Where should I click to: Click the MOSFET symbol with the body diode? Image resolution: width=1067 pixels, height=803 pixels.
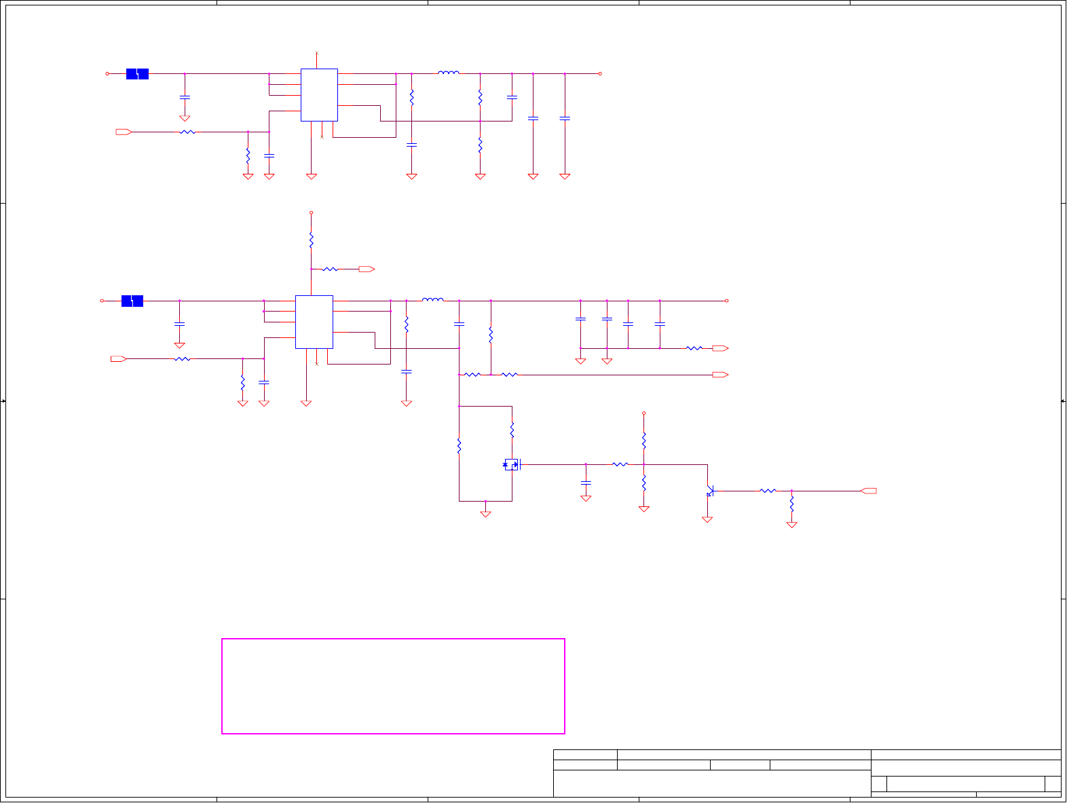tap(511, 465)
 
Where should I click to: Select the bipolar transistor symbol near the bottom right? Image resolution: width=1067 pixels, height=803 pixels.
tap(709, 491)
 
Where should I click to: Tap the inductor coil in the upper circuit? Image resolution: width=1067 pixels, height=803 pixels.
tap(448, 73)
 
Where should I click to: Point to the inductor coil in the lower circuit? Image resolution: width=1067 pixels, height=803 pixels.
tap(432, 299)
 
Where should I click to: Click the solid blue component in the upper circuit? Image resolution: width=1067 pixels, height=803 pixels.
tap(137, 74)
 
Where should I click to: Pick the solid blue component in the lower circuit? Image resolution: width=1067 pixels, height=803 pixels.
tap(132, 301)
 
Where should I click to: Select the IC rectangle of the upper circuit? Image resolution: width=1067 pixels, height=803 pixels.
tap(319, 95)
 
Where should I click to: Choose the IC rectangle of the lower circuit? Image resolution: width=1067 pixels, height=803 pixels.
tap(314, 322)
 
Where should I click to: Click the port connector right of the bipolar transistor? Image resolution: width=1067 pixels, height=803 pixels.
tap(868, 491)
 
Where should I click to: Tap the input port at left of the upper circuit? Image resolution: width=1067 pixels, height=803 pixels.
tap(124, 132)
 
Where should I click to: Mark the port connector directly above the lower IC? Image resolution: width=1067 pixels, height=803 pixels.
tap(367, 269)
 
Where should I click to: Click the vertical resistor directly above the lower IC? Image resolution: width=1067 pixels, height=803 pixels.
tap(311, 240)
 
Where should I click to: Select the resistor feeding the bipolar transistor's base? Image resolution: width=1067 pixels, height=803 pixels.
tap(768, 491)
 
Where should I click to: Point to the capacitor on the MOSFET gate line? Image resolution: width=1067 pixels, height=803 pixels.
tap(586, 483)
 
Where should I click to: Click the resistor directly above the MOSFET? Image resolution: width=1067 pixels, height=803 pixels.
tap(512, 430)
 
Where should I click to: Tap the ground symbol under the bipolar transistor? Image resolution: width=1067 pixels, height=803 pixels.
tap(707, 519)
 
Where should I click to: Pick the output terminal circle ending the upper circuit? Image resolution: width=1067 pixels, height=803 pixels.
tap(600, 73)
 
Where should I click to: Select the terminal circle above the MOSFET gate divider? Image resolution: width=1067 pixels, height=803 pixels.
tap(643, 413)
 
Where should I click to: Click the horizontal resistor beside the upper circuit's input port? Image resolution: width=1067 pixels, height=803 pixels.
tap(187, 132)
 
